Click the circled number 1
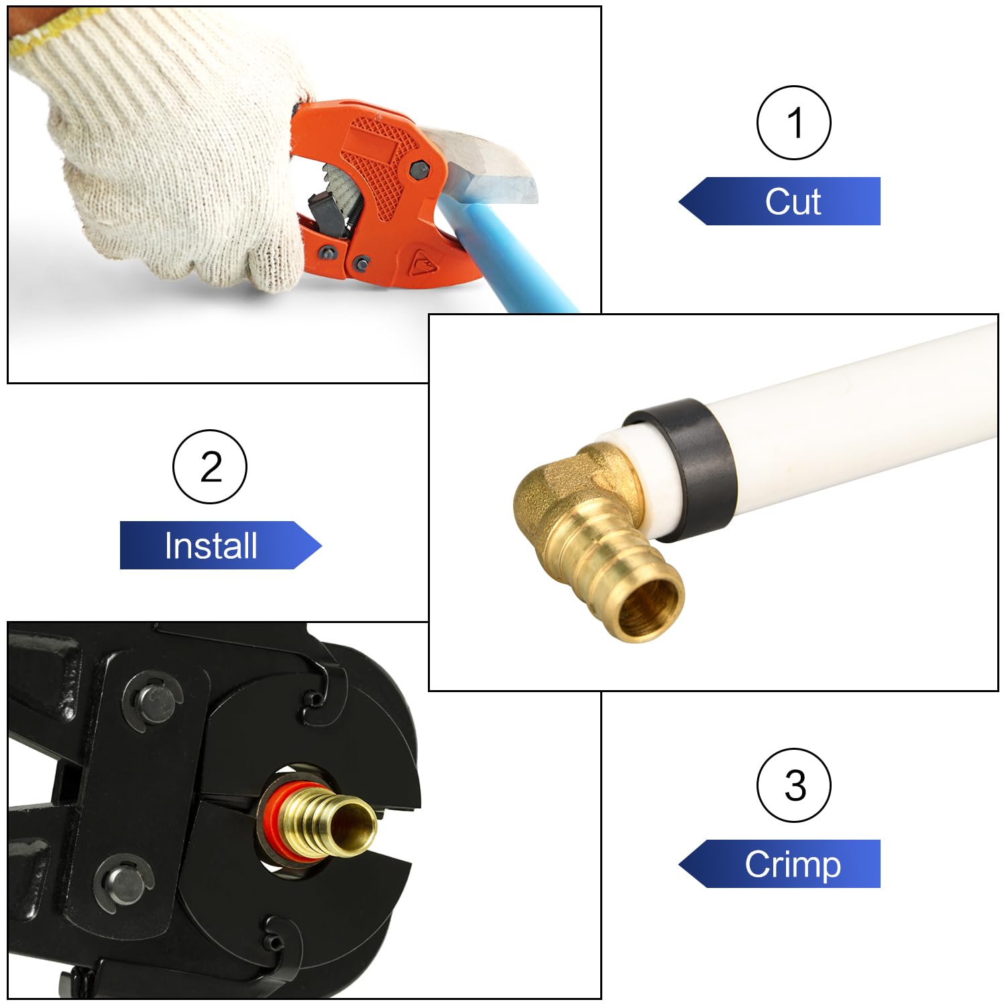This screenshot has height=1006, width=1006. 794,123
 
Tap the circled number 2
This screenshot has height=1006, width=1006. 210,467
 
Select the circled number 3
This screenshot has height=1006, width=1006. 794,785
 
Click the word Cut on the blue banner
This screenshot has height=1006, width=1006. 793,201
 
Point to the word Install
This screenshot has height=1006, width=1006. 211,545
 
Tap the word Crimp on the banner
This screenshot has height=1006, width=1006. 793,864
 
